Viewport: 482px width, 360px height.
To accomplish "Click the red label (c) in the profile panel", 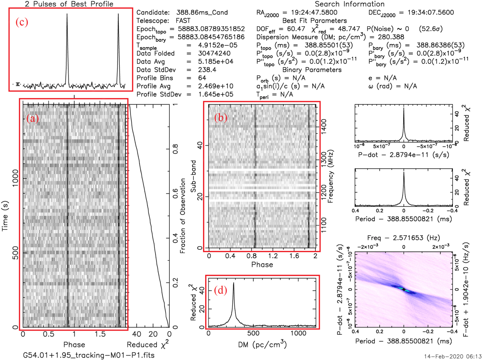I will click(22, 22).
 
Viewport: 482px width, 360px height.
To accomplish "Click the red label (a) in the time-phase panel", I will click(32, 118).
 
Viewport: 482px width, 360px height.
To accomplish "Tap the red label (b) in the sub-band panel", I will click(221, 117).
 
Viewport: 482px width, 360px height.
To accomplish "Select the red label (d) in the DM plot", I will click(220, 291).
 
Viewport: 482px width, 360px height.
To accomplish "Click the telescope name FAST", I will click(183, 21).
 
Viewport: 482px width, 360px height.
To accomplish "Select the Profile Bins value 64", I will click(202, 78).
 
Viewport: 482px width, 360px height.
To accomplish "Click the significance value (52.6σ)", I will click(431, 29).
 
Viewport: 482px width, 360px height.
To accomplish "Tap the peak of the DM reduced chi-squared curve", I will click(234, 283).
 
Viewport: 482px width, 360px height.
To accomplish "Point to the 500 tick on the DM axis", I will click(253, 333).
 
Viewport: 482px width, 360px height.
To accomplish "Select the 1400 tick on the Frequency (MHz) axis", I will click(323, 126).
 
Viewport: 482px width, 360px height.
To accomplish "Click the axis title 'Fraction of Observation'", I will click(183, 216).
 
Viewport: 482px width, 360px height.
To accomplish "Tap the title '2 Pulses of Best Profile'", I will click(69, 4).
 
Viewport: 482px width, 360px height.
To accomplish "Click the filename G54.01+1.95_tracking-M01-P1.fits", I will click(89, 355).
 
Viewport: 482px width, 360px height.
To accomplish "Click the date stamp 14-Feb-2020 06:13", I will click(453, 356).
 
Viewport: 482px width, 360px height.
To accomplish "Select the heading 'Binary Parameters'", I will click(312, 70).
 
